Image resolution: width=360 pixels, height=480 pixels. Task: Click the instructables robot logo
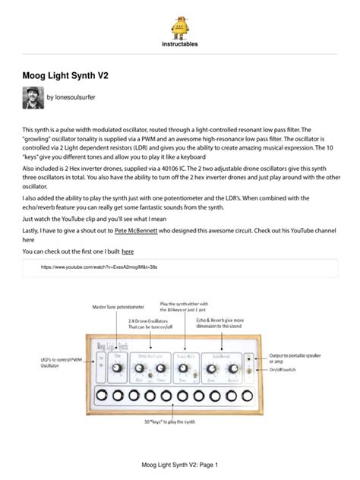point(180,28)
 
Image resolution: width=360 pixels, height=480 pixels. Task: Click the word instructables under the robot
point(180,45)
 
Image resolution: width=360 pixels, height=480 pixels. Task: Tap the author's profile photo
point(33,98)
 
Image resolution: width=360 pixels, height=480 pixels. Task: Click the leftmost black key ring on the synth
point(97,395)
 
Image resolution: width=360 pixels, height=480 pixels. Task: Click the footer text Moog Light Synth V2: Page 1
point(180,464)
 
